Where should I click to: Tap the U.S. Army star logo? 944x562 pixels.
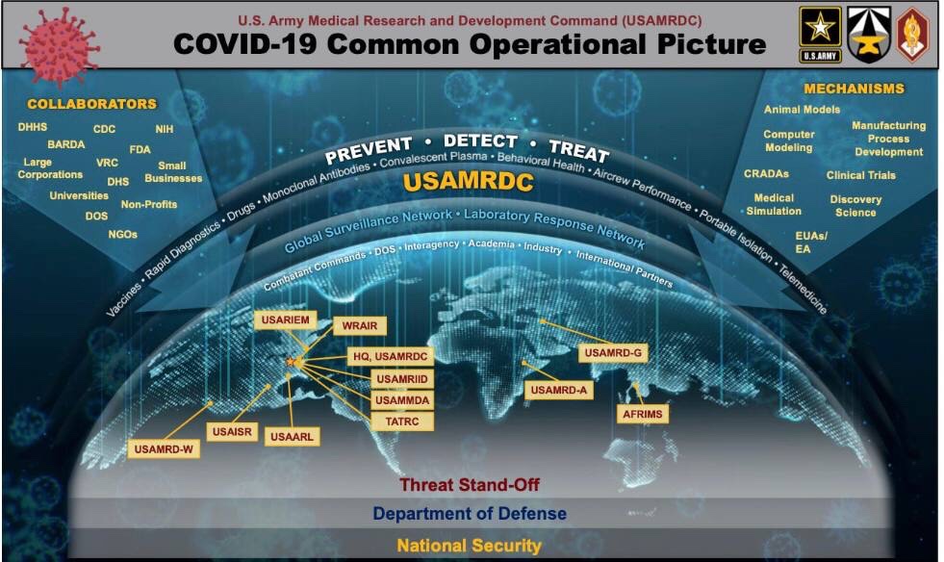tap(820, 35)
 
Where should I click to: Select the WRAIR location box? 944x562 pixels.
tap(360, 326)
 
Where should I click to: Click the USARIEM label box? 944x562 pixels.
tap(286, 319)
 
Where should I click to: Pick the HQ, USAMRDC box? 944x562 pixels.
tap(390, 357)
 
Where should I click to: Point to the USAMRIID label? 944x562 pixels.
tap(401, 379)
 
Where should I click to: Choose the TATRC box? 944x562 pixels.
tap(401, 421)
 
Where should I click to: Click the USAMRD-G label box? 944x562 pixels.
tap(613, 352)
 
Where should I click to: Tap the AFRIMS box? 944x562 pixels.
tap(643, 414)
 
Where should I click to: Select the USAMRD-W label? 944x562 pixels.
tap(164, 448)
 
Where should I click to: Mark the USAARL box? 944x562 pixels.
tap(292, 437)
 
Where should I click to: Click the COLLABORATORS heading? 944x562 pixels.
tap(91, 104)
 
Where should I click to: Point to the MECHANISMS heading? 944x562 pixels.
tap(854, 89)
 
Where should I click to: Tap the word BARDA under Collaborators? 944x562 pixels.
tap(66, 144)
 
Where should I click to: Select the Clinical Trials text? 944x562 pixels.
tap(861, 175)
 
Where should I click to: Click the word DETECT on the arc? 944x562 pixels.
tap(480, 140)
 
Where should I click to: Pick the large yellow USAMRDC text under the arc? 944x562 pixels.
tap(469, 182)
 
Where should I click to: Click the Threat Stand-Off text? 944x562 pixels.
tap(470, 484)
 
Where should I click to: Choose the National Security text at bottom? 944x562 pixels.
tap(469, 546)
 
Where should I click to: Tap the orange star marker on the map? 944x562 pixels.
tap(291, 362)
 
